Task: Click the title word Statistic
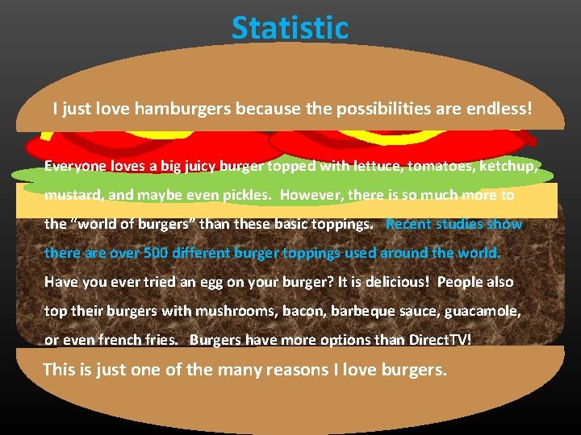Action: click(x=290, y=28)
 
